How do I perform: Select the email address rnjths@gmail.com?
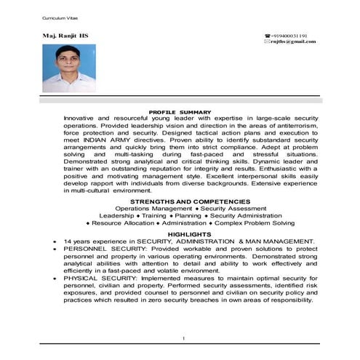coord(292,41)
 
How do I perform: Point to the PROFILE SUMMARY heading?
coord(180,111)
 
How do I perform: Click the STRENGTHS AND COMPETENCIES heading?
coord(180,200)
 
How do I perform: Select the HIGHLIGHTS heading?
coord(180,235)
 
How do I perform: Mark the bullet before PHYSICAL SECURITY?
coord(55,279)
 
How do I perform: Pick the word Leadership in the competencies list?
coord(117,215)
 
